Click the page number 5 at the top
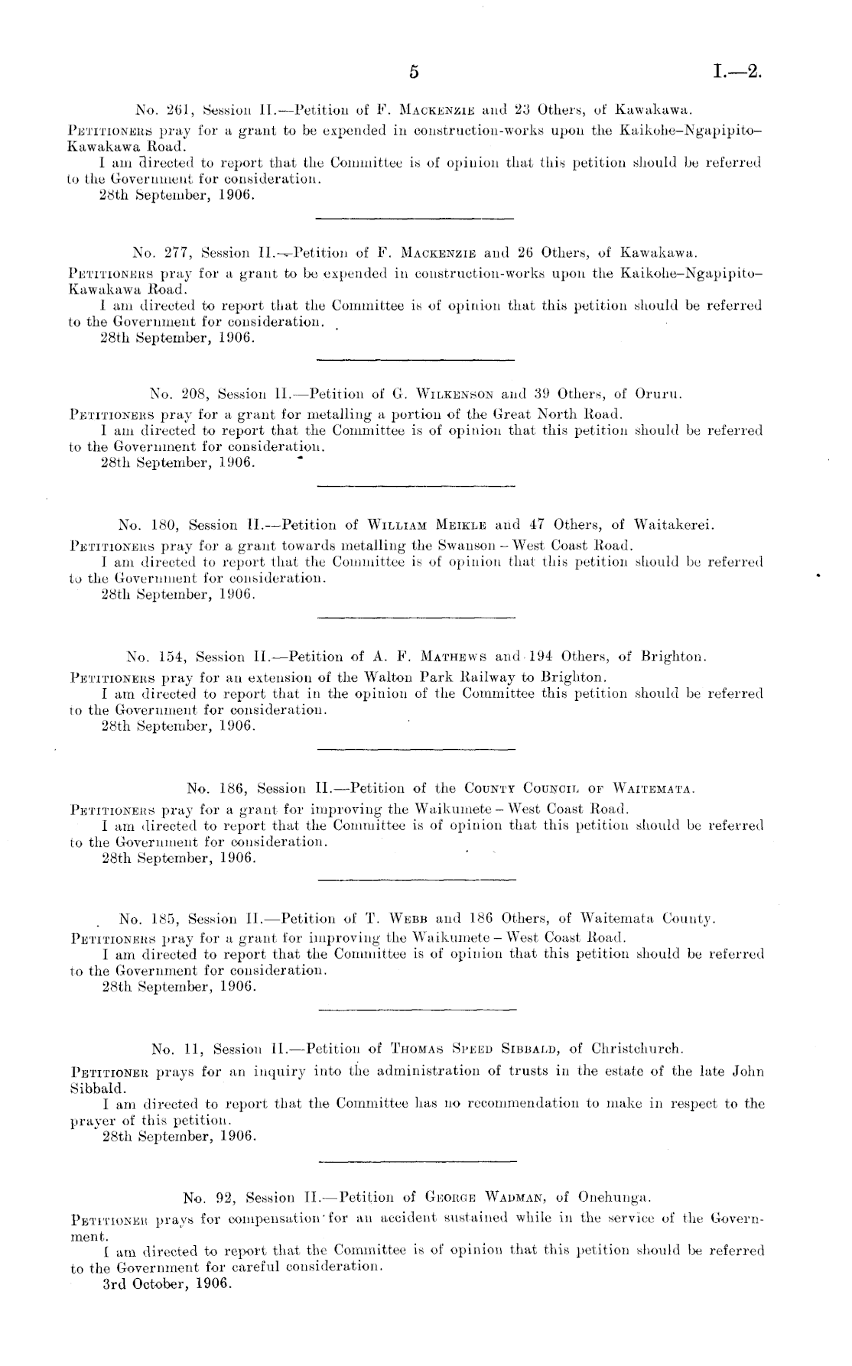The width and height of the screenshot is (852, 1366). (414, 73)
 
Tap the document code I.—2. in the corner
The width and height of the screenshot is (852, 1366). (737, 73)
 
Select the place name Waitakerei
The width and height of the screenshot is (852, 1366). (678, 525)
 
